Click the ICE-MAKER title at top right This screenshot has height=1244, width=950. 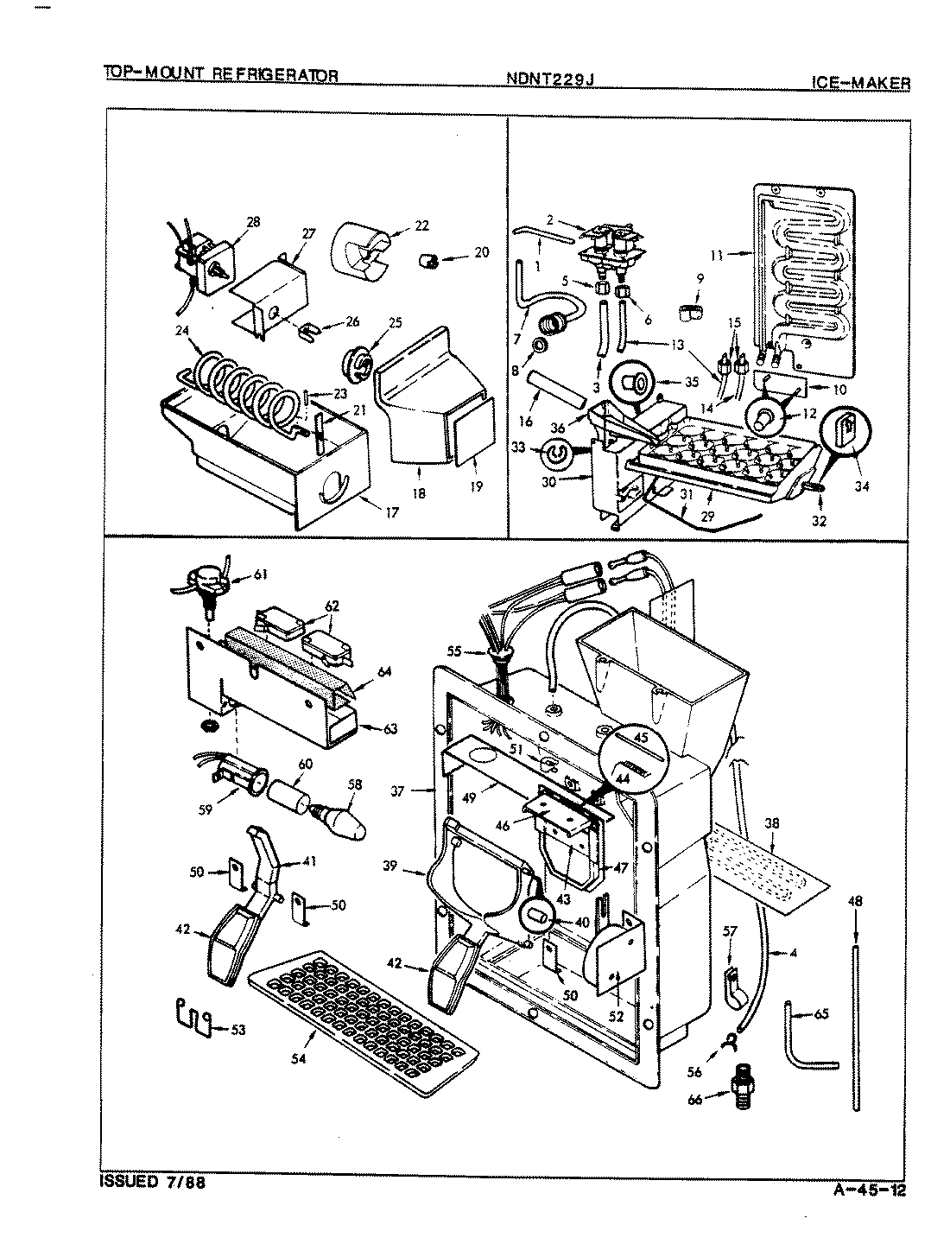(860, 83)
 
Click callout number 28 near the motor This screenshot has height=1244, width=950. (252, 222)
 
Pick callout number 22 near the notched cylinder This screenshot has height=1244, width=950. (421, 227)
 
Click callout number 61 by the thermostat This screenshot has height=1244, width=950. (260, 573)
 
